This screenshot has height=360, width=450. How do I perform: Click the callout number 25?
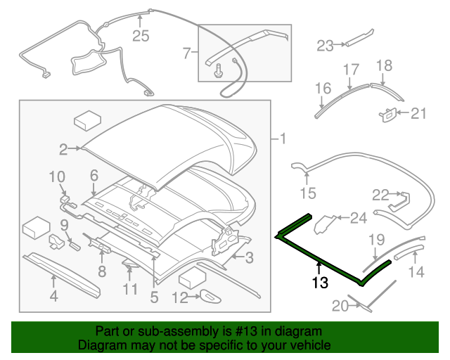[x=141, y=36]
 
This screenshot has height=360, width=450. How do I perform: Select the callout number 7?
[x=187, y=52]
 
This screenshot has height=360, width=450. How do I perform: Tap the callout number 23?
[x=324, y=46]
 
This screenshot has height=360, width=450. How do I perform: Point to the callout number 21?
[x=419, y=112]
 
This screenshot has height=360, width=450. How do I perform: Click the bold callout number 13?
[x=320, y=283]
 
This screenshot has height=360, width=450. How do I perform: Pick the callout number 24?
[x=359, y=219]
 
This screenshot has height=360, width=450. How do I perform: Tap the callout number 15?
[x=308, y=192]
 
